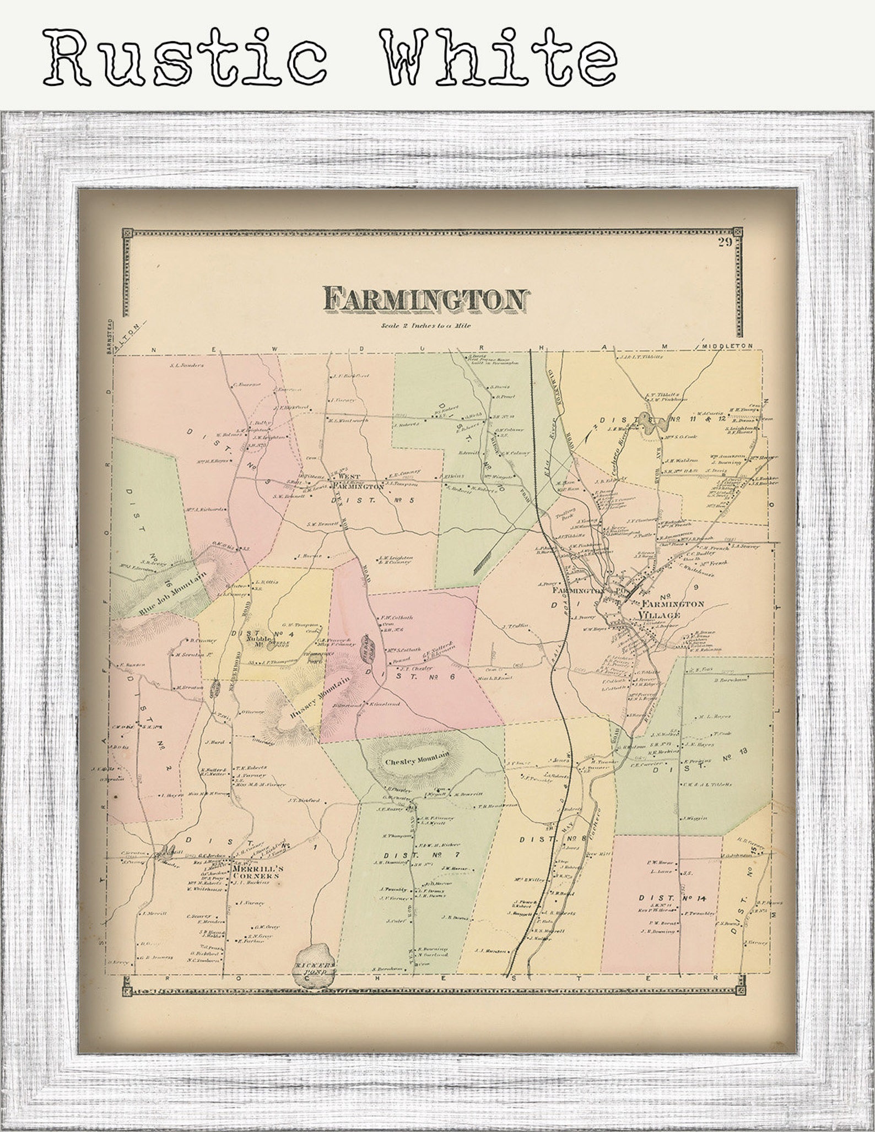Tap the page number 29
[724, 242]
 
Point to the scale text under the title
[426, 326]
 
